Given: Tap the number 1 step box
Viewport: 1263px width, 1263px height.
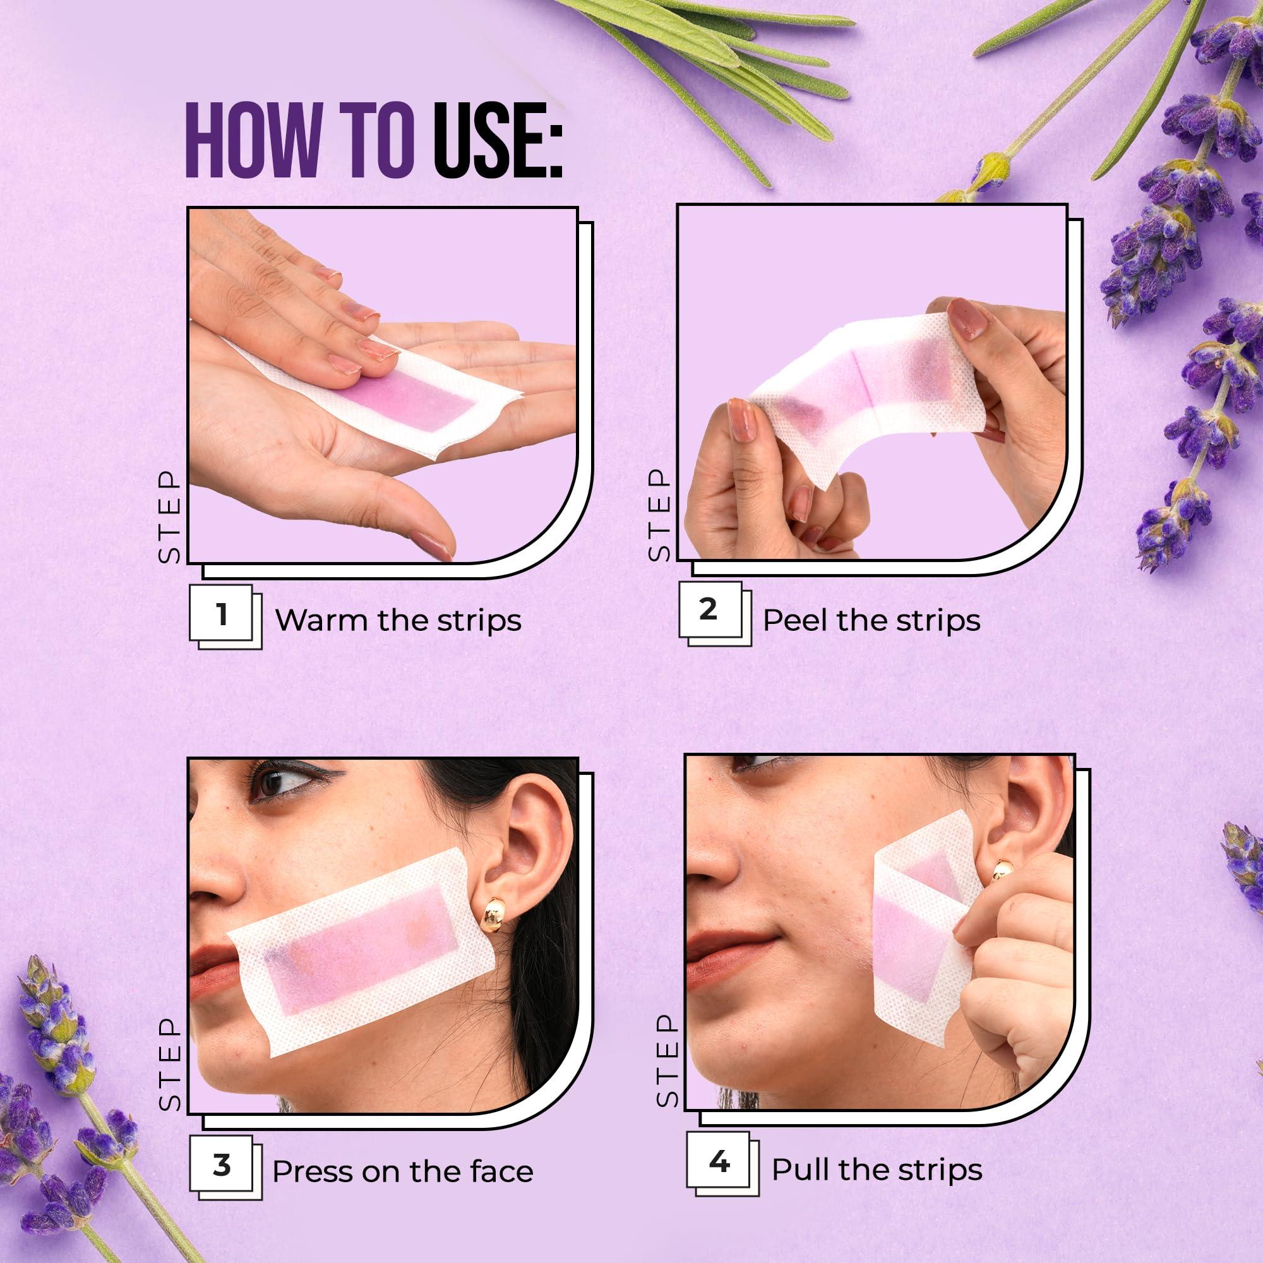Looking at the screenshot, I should tap(221, 614).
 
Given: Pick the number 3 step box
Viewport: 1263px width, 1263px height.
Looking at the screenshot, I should tap(221, 1166).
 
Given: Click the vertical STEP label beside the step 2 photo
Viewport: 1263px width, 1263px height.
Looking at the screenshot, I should tap(659, 515).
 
